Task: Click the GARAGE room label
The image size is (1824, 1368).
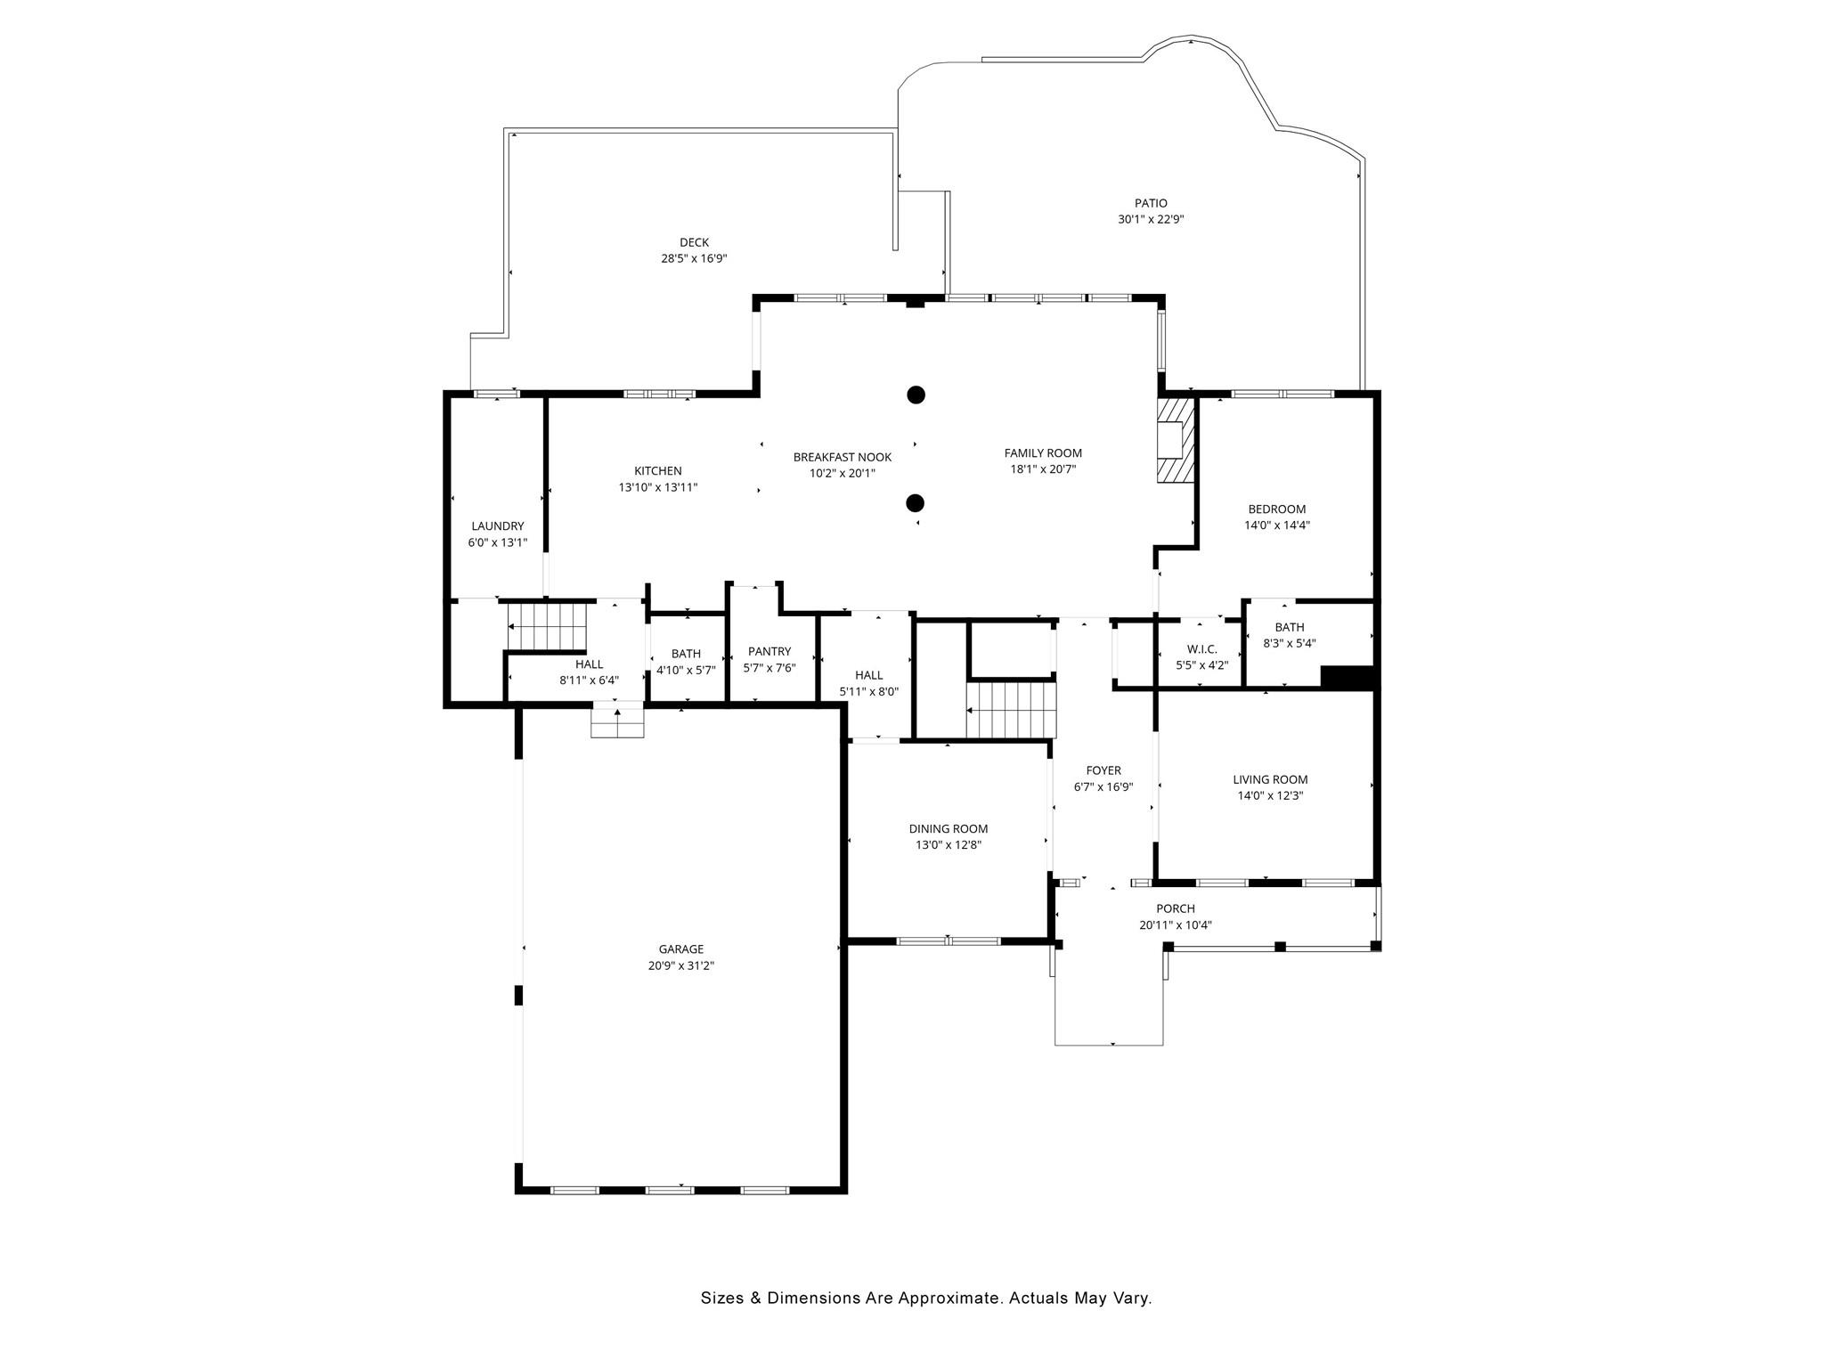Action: (x=681, y=949)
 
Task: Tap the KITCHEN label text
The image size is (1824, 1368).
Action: (x=658, y=471)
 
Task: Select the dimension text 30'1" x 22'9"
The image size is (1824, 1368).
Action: (x=1151, y=219)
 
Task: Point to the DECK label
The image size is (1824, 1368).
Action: (x=694, y=242)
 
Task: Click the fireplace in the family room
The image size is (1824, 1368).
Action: (x=1174, y=440)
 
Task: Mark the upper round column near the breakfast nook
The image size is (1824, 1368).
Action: (x=916, y=395)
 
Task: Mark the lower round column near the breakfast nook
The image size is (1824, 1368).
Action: (x=915, y=503)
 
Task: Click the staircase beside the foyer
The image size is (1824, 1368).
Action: (x=1011, y=710)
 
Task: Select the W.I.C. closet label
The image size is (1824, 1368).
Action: (x=1201, y=649)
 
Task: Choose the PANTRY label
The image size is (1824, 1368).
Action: (x=769, y=652)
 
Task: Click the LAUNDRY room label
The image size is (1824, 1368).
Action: (x=498, y=526)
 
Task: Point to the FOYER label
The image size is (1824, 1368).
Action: (x=1103, y=770)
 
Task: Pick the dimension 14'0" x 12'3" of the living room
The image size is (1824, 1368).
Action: (x=1270, y=796)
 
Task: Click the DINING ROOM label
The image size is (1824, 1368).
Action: (x=949, y=829)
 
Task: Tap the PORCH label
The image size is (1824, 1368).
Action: (x=1176, y=908)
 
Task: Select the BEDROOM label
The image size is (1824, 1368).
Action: (x=1276, y=509)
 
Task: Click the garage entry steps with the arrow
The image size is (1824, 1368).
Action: (x=617, y=721)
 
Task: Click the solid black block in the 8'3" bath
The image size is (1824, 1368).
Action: (x=1348, y=678)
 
